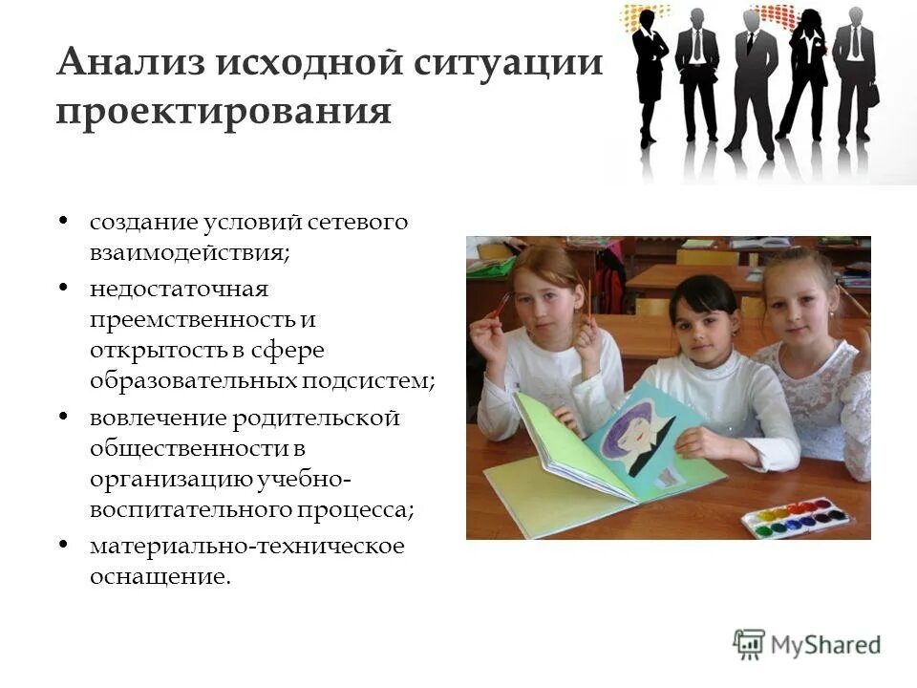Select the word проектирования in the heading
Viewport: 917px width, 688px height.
tap(224, 111)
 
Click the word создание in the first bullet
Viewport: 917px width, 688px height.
tap(143, 222)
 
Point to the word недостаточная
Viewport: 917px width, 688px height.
tap(180, 288)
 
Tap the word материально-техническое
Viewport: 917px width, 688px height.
tap(247, 546)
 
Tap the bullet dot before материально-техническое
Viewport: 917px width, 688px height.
tap(63, 546)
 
